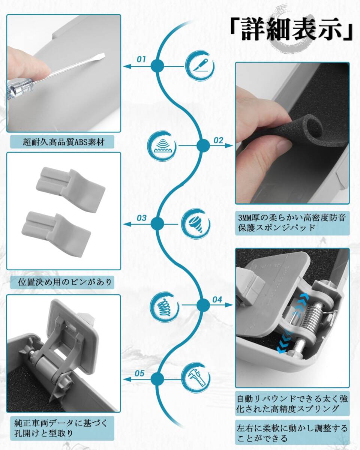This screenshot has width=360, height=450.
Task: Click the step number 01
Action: click(x=141, y=59)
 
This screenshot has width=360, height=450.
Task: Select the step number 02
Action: click(x=218, y=141)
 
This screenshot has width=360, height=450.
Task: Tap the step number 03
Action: click(x=141, y=217)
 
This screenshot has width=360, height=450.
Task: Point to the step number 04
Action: click(x=217, y=299)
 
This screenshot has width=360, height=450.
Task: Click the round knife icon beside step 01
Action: click(x=200, y=66)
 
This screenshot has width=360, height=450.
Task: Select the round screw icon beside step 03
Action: click(x=195, y=224)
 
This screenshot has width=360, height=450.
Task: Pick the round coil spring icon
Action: click(x=164, y=304)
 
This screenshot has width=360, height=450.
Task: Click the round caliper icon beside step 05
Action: click(x=195, y=378)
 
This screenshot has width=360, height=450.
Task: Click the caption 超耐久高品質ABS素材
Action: click(x=63, y=142)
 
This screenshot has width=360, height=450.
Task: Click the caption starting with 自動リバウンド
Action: click(x=292, y=403)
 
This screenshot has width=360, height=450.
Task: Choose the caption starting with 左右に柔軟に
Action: click(x=292, y=432)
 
